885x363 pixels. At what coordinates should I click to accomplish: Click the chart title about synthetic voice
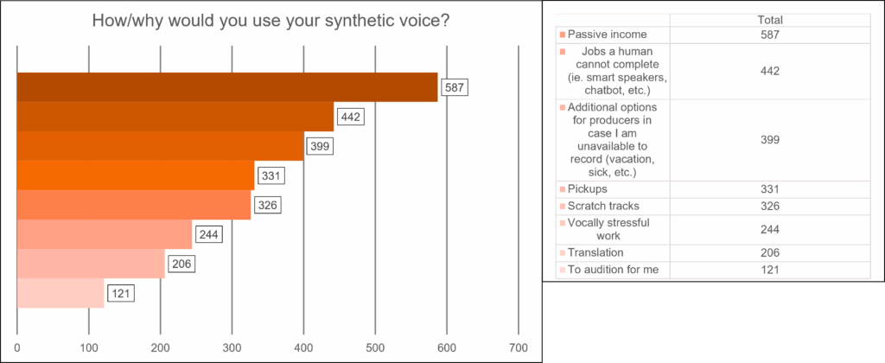270,21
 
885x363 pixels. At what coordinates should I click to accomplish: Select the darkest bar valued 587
227,87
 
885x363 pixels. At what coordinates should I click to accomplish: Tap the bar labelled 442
175,117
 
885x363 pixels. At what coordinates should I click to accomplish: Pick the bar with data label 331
136,175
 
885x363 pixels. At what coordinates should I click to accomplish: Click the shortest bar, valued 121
60,293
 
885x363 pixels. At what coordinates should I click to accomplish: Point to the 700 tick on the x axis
518,349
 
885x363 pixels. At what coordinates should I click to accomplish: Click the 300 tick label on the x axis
232,349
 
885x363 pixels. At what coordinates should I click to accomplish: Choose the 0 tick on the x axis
17,349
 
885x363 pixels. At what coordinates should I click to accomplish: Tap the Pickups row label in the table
588,189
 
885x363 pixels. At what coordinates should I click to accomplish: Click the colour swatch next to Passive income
563,35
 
